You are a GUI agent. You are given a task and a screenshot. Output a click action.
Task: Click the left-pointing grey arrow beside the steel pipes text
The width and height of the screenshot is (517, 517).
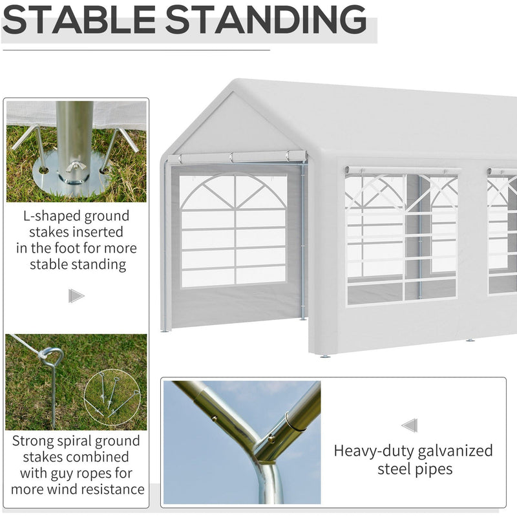409,425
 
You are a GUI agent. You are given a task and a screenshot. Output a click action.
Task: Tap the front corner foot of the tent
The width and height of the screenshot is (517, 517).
324,355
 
